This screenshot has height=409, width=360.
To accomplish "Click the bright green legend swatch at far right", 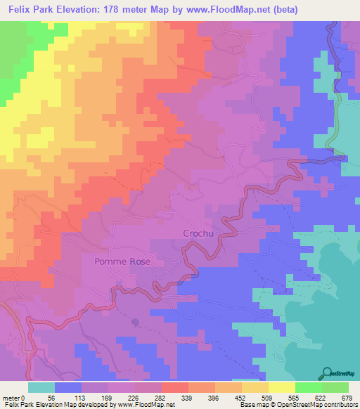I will pyautogui.click(x=335, y=387).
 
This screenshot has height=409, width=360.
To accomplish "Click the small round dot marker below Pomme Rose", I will pyautogui.click(x=135, y=323).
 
